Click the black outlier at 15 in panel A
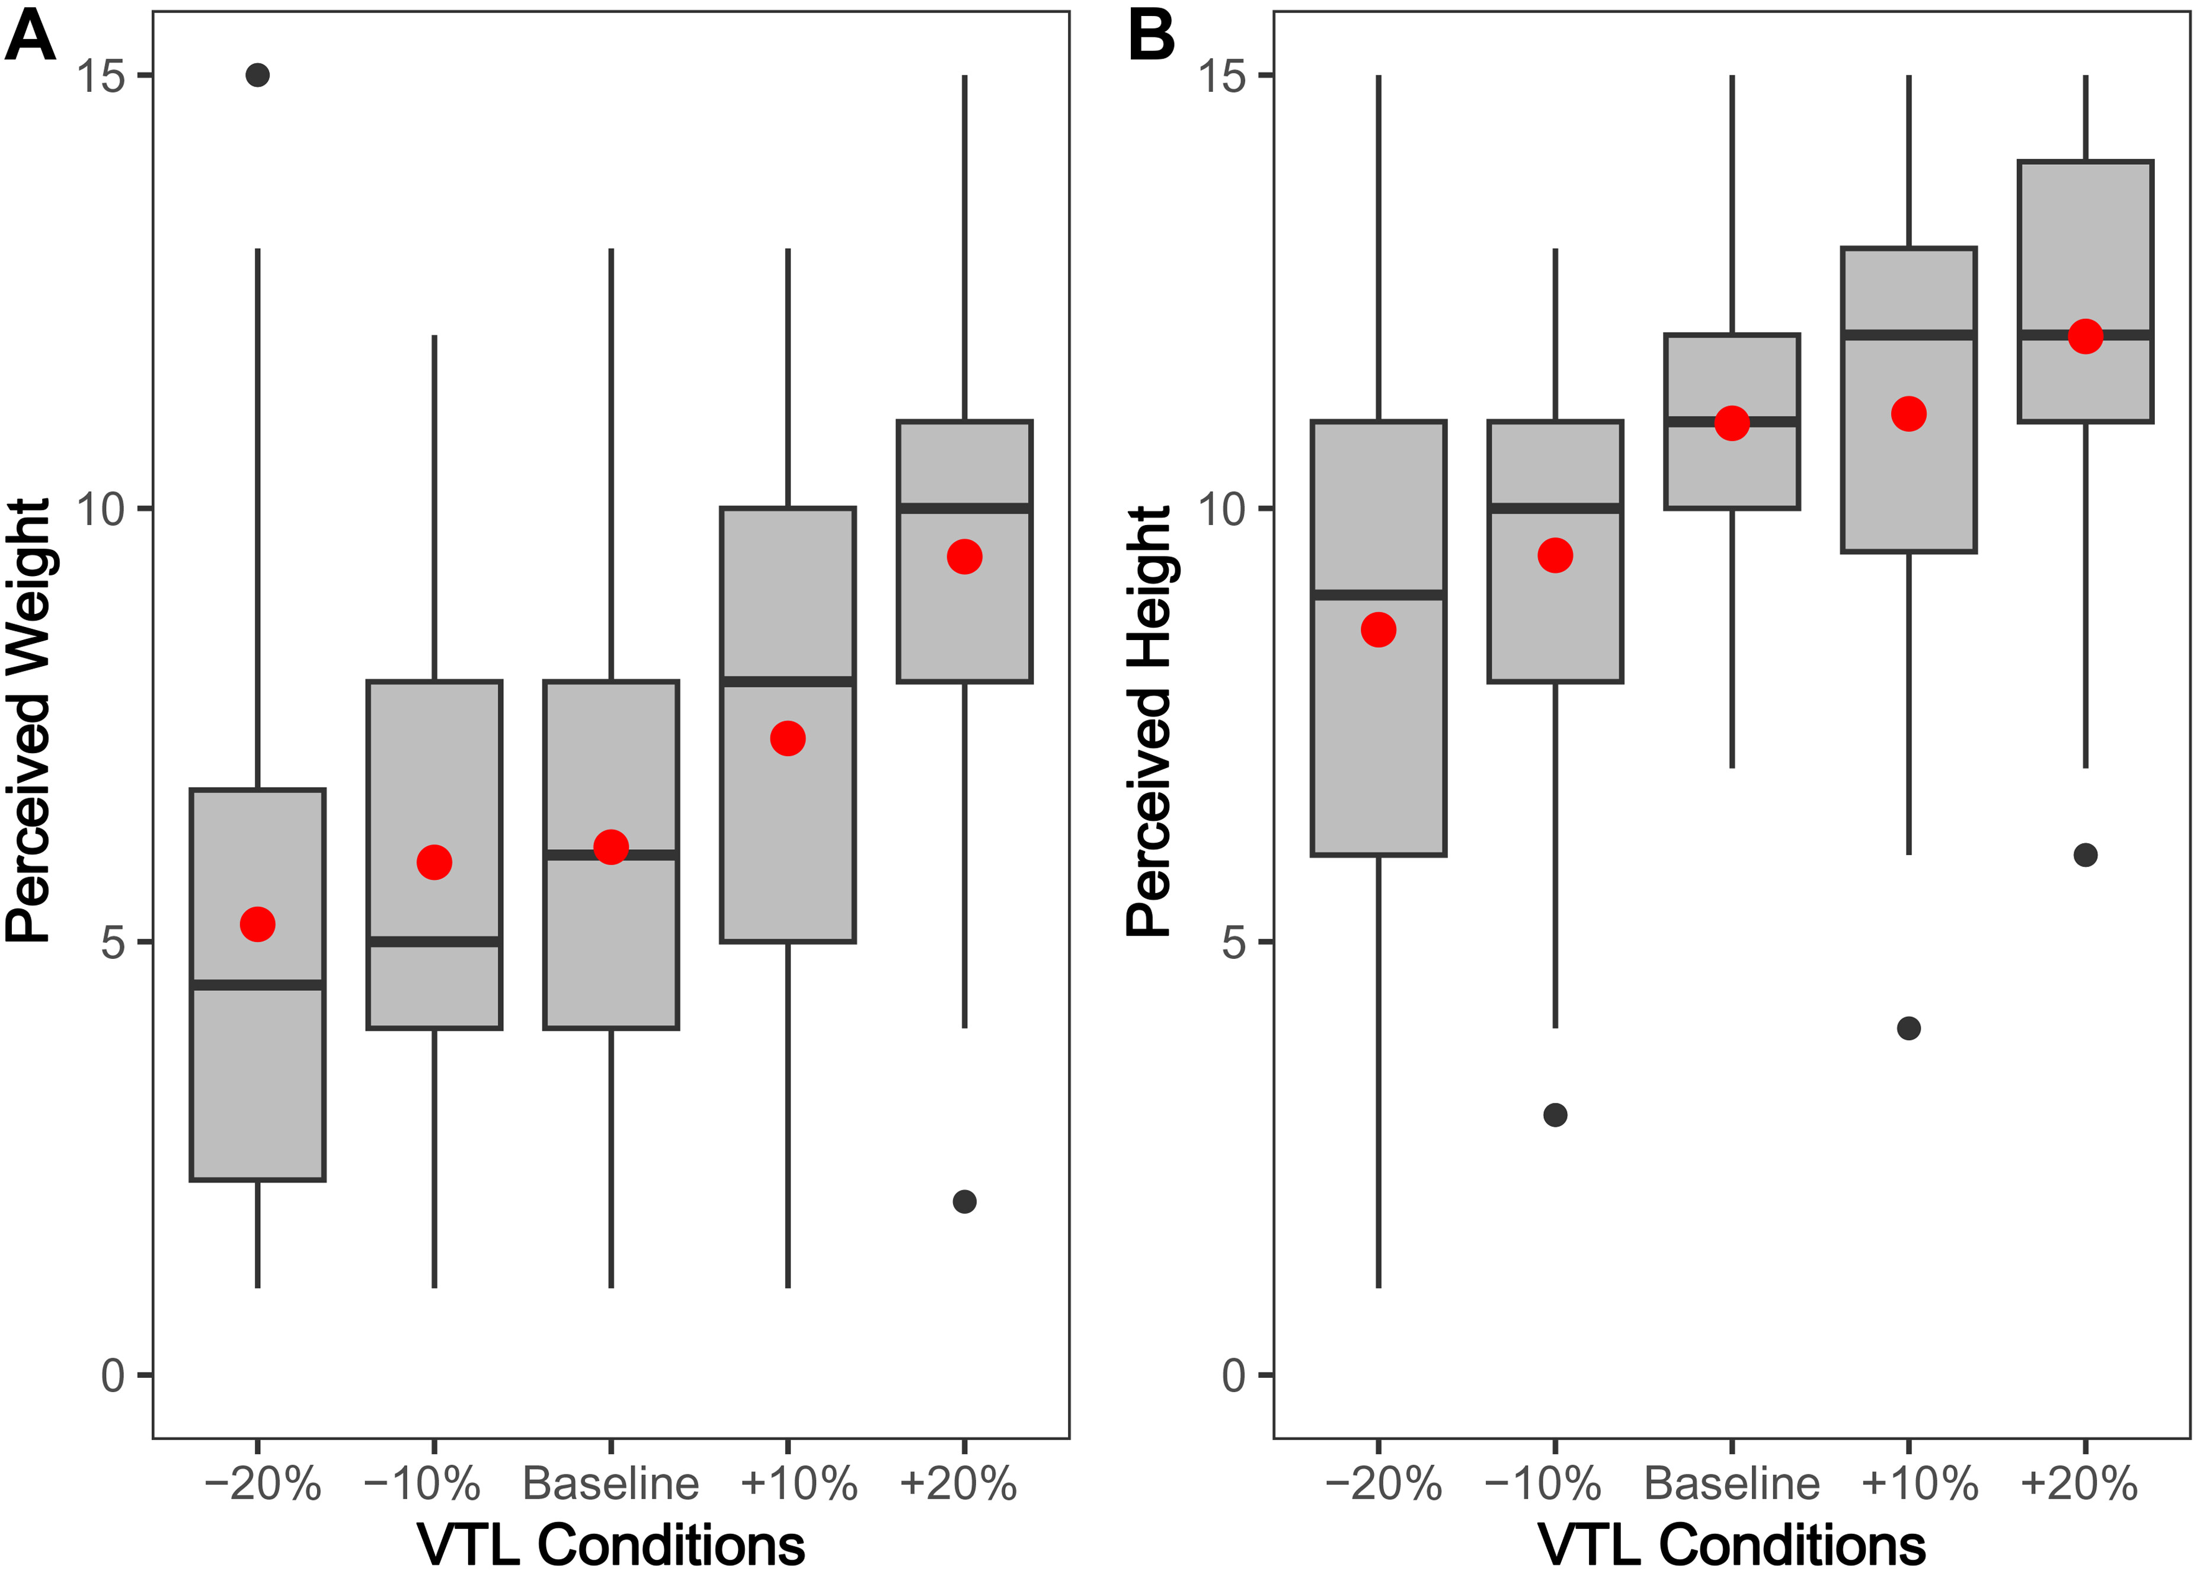[258, 75]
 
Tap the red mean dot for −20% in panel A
[258, 924]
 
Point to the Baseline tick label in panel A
[611, 1484]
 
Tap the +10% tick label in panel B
[1919, 1484]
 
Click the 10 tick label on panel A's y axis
[102, 508]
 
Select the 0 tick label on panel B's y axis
[1234, 1375]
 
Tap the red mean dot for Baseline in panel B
[1732, 423]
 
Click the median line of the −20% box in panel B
[1379, 595]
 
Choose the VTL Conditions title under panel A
[611, 1545]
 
